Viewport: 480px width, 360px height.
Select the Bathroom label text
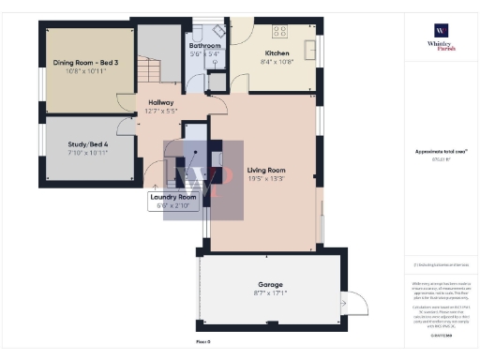coord(204,45)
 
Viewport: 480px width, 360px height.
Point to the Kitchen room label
coord(278,53)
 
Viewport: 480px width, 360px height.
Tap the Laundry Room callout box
coord(173,199)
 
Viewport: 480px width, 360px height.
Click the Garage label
coord(271,283)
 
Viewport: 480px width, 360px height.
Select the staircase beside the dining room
coord(148,68)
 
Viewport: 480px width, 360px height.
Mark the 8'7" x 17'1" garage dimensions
coord(271,292)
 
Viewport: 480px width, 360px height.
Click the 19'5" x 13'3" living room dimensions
coord(267,177)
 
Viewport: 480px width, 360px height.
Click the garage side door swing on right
coord(353,304)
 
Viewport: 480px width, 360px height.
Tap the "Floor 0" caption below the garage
coord(202,342)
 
